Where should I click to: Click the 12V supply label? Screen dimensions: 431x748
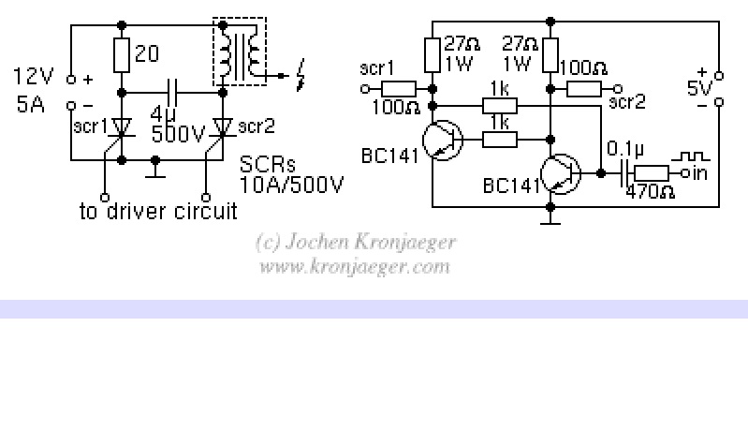click(32, 74)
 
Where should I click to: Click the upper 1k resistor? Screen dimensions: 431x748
click(499, 105)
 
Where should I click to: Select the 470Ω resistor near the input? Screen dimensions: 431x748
click(651, 172)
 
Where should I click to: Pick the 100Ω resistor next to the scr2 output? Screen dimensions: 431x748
click(586, 90)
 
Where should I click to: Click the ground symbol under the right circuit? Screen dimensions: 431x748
click(550, 220)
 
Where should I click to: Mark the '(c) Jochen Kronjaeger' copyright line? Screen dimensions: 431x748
click(355, 242)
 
